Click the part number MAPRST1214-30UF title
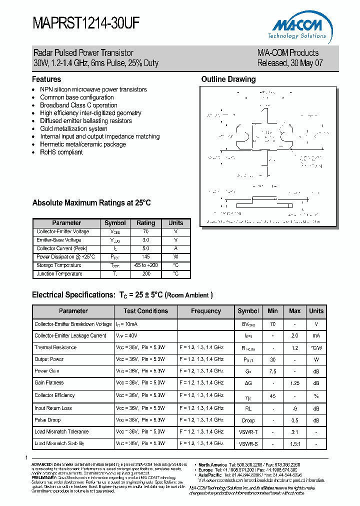tap(86, 23)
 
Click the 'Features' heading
tap(46, 79)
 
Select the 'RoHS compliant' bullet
tap(61, 152)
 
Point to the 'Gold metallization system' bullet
tap(73, 128)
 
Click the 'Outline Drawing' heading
tap(228, 79)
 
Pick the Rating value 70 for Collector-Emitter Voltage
tap(146, 232)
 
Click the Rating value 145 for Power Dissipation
tap(146, 257)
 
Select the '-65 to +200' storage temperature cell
tap(146, 265)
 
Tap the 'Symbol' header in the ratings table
tap(115, 223)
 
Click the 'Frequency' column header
tap(205, 311)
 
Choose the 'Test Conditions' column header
tap(145, 311)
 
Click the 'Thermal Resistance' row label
tap(55, 347)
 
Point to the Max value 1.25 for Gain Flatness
tap(294, 383)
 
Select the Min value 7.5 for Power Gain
tap(272, 371)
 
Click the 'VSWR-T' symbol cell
tap(248, 431)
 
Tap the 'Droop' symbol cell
tap(248, 420)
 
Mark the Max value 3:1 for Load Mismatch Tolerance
tap(294, 431)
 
